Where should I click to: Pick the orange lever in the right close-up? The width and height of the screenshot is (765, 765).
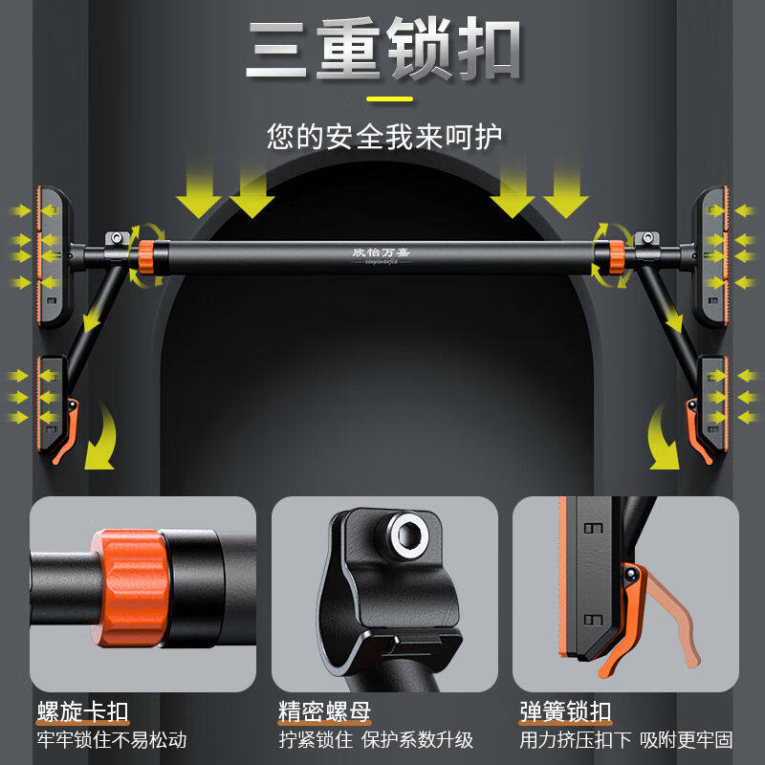660,612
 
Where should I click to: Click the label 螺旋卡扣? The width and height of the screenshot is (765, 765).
83,711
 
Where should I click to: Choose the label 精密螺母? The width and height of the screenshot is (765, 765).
325,711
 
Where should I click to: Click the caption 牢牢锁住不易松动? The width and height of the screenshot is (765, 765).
113,740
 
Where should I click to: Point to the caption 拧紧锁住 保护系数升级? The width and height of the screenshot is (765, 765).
376,740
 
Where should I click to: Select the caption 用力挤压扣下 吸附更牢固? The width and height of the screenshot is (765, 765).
627,740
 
